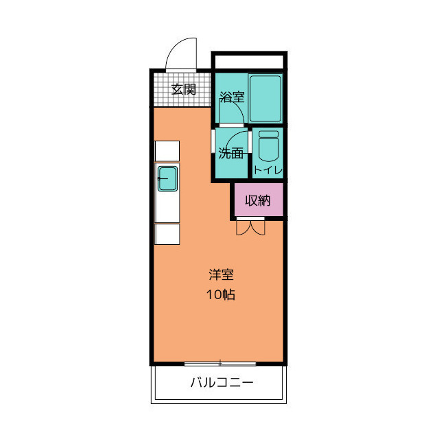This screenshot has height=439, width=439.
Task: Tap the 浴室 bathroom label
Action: pos(232,97)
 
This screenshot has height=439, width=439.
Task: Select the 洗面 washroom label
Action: pos(231,153)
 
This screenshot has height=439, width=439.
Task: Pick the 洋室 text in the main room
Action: pos(222,276)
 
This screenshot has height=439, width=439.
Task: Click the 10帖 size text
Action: pos(221,296)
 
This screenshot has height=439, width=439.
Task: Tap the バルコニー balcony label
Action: pos(221,382)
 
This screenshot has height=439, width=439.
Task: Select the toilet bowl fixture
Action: pos(267,145)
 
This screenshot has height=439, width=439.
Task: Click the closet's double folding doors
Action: pos(250,227)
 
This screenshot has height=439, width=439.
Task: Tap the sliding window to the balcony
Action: pos(220,362)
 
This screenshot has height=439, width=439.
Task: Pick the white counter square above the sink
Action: pos(167,151)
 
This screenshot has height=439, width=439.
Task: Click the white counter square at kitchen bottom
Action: pos(167,234)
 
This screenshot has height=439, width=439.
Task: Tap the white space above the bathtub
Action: pos(249,62)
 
